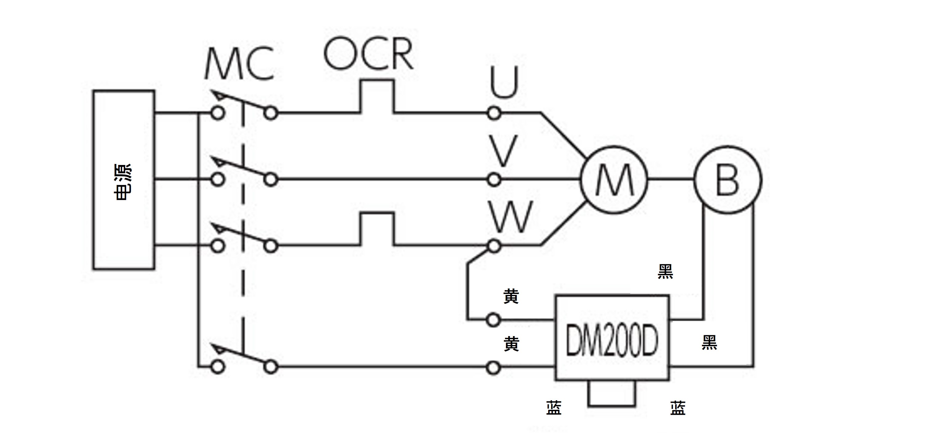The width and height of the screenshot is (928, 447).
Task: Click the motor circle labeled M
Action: point(614,180)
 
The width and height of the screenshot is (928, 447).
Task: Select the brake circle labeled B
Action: point(727,180)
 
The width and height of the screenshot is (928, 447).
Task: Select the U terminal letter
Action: point(504,82)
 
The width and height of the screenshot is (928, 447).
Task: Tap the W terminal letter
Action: point(511,217)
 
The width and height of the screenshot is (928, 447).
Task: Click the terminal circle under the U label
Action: point(494,113)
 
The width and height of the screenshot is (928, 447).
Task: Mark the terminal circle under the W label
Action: point(494,246)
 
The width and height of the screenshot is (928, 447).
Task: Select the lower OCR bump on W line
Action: point(377,229)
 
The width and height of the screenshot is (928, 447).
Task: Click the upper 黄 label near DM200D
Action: point(511,296)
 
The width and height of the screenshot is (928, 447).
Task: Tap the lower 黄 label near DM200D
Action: point(511,344)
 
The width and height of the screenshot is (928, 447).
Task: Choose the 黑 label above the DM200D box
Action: point(665,272)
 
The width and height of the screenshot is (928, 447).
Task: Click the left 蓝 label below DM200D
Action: point(554,408)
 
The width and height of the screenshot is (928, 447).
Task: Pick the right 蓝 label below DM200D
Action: point(678,408)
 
